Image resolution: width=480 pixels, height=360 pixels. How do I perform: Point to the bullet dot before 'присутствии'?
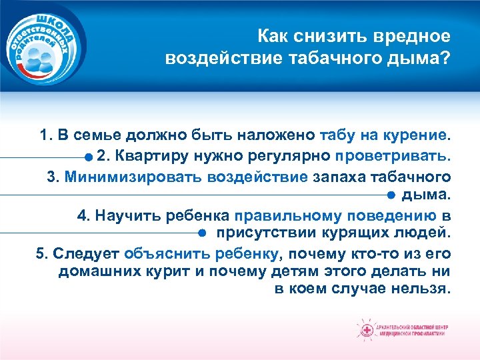point(201,234)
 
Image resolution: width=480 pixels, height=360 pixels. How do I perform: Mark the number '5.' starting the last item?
point(41,254)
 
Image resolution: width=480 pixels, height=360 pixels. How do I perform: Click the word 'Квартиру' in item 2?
point(147,157)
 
